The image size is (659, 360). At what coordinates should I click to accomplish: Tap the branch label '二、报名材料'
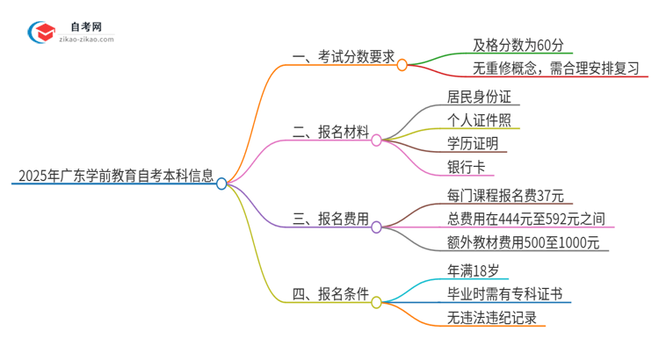(x=330, y=133)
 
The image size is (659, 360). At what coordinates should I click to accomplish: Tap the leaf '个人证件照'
(x=479, y=119)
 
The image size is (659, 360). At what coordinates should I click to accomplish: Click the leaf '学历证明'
(x=473, y=143)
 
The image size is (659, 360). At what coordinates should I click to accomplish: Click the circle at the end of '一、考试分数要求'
(x=402, y=64)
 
